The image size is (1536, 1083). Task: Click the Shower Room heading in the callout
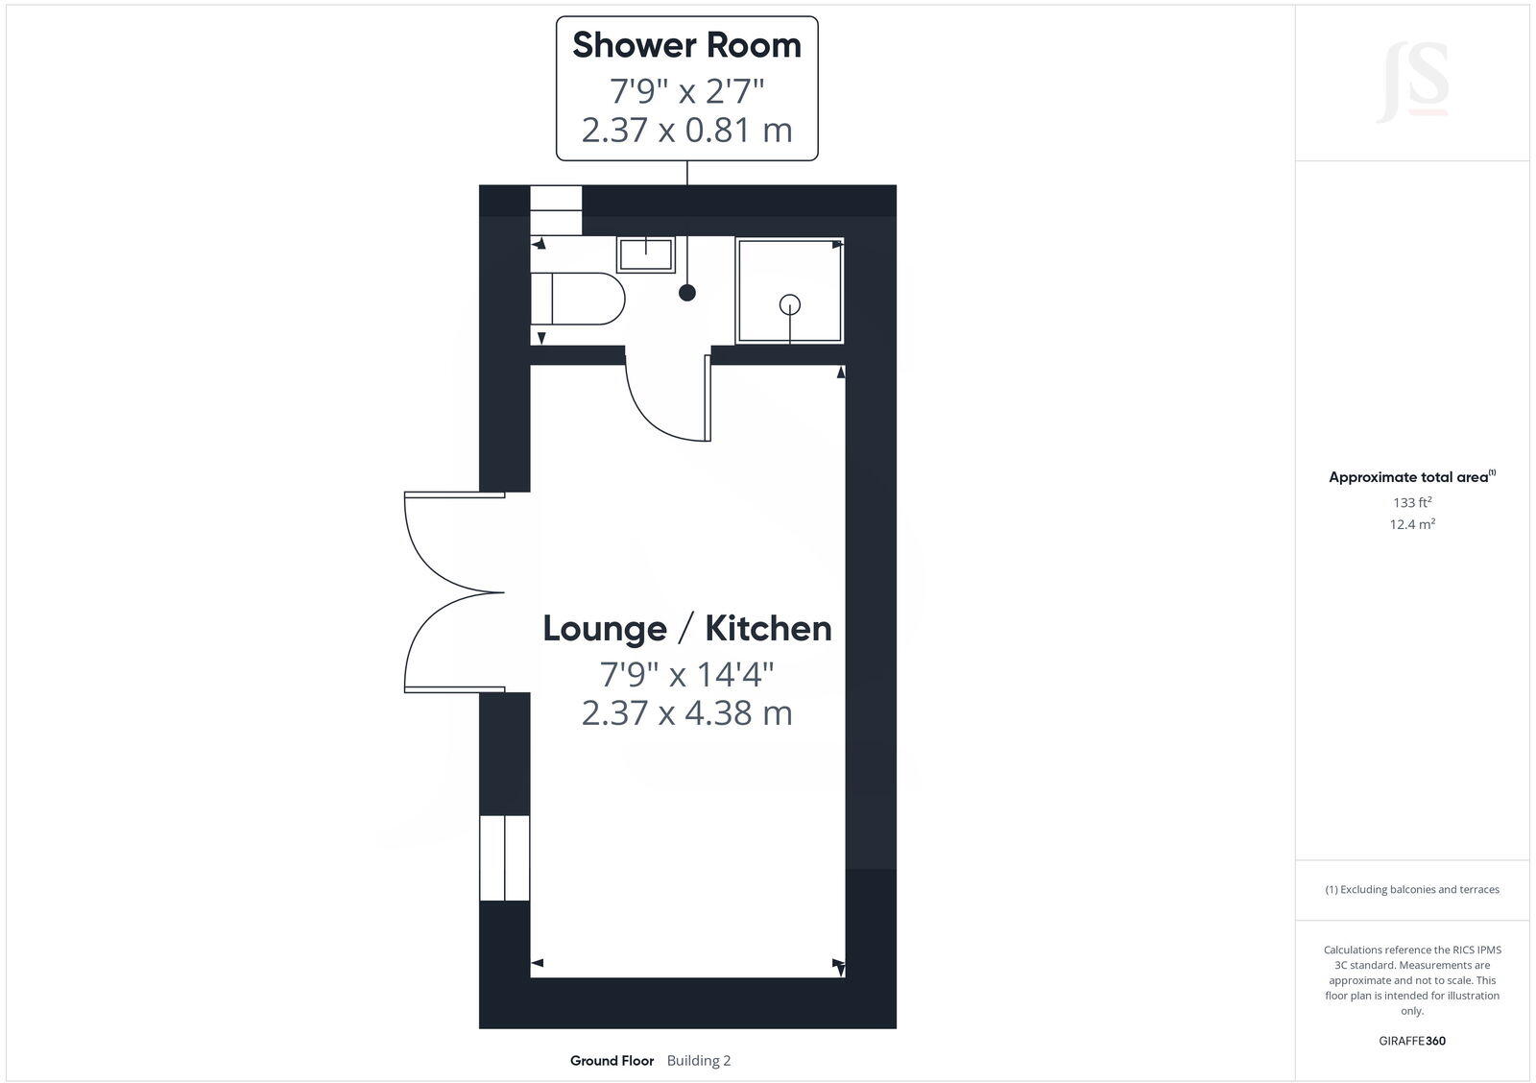(686, 45)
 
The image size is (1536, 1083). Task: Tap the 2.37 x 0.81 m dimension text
(686, 130)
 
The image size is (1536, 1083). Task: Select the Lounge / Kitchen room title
(686, 628)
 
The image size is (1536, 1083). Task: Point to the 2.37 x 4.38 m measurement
(686, 713)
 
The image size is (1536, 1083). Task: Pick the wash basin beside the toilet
(646, 255)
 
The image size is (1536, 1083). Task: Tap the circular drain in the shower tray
(790, 304)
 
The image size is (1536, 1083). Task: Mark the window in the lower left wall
(504, 857)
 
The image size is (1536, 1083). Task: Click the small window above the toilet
(557, 209)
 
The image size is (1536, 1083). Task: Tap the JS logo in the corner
(1412, 83)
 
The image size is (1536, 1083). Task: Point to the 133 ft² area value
(1412, 502)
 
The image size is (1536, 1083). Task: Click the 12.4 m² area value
(1412, 524)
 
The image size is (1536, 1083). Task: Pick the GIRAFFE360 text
(1412, 1041)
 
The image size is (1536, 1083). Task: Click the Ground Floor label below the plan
(612, 1061)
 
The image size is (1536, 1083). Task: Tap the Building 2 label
(699, 1061)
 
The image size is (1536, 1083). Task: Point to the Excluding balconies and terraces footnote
(1412, 890)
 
